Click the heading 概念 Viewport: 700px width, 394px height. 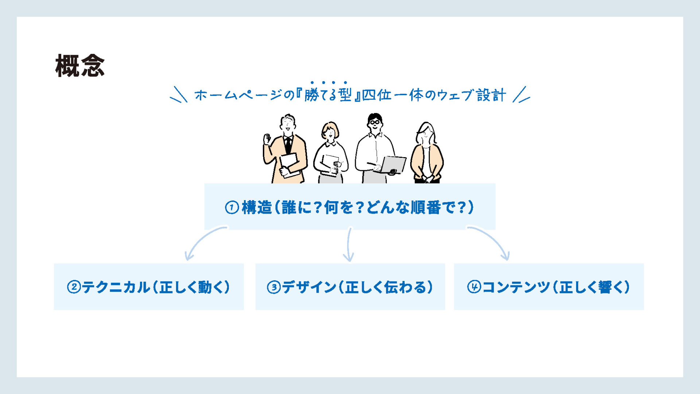(80, 66)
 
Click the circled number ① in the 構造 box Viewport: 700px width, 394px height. (232, 208)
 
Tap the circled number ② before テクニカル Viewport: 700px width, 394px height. (74, 287)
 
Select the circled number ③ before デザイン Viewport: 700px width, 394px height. (274, 287)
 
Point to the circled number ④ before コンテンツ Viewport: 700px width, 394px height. (474, 287)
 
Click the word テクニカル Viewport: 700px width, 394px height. (116, 287)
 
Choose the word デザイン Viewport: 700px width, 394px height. (309, 287)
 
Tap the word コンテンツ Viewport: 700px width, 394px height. (516, 287)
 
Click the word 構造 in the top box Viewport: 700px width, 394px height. (257, 208)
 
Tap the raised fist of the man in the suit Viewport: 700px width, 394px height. (267, 139)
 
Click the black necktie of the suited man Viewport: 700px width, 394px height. (288, 145)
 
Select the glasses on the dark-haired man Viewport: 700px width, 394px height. (374, 122)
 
